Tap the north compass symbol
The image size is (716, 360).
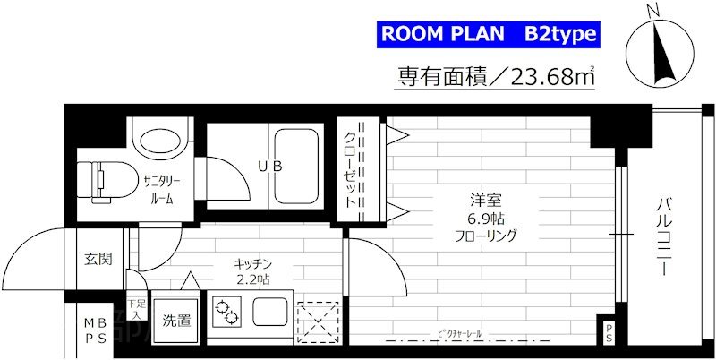[x=660, y=50]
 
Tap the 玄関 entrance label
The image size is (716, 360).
[x=98, y=261]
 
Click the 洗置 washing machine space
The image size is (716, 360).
[x=175, y=321]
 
